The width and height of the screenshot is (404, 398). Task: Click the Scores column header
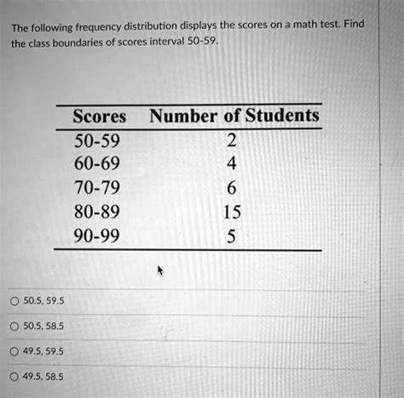pyautogui.click(x=99, y=116)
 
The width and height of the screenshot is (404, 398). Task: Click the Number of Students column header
pyautogui.click(x=234, y=116)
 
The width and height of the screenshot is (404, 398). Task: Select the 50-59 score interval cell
pyautogui.click(x=96, y=139)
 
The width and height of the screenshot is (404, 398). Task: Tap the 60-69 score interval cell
pyautogui.click(x=96, y=162)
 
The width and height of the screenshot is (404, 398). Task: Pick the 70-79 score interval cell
pyautogui.click(x=96, y=185)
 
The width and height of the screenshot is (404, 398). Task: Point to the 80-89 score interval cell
pyautogui.click(x=96, y=209)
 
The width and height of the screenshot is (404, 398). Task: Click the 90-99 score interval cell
pyautogui.click(x=96, y=232)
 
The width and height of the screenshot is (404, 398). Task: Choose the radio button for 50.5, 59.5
pyautogui.click(x=14, y=300)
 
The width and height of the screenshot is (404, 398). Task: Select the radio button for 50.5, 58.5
pyautogui.click(x=14, y=325)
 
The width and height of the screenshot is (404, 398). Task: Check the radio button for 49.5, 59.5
pyautogui.click(x=14, y=350)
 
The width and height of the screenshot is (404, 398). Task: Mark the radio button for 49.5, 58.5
pyautogui.click(x=14, y=374)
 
